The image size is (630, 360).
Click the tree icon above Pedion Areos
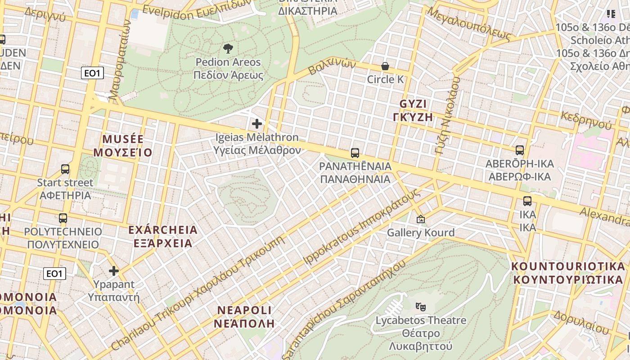tap(228, 48)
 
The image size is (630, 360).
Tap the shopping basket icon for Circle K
tap(385, 66)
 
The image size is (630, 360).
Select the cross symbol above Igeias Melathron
tap(257, 123)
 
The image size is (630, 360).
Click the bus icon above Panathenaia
tap(355, 153)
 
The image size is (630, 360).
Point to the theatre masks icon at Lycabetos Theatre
tap(421, 307)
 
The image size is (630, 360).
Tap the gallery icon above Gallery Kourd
tap(421, 219)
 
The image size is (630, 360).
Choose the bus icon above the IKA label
tap(527, 201)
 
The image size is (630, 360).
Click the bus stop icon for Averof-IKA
tap(520, 150)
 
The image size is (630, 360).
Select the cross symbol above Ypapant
tap(114, 271)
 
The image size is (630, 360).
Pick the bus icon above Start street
tap(65, 169)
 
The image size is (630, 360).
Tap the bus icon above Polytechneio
tap(63, 218)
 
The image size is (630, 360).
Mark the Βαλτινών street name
tap(332, 68)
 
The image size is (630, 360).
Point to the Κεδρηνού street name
tap(586, 119)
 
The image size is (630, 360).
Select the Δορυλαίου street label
tap(581, 322)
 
